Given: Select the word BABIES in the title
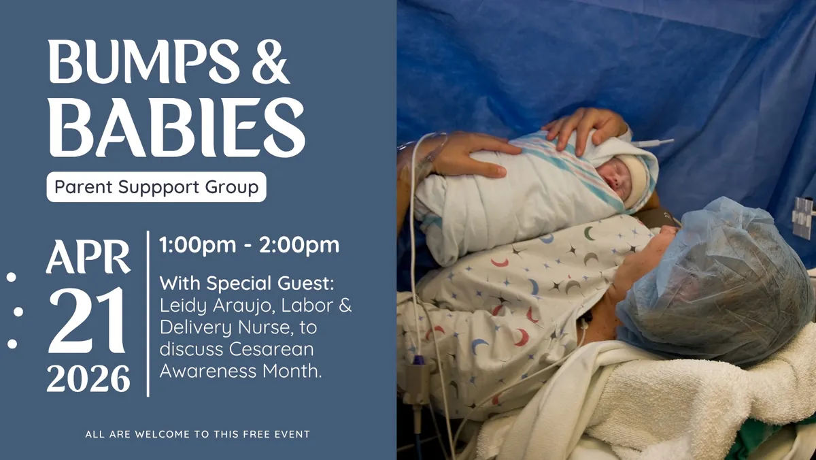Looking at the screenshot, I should click(x=176, y=127).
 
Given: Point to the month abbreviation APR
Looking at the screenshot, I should click(x=88, y=257).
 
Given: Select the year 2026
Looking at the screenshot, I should click(x=88, y=378).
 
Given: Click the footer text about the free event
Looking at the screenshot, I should click(x=197, y=434).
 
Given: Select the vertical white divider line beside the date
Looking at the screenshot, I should click(x=148, y=313).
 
